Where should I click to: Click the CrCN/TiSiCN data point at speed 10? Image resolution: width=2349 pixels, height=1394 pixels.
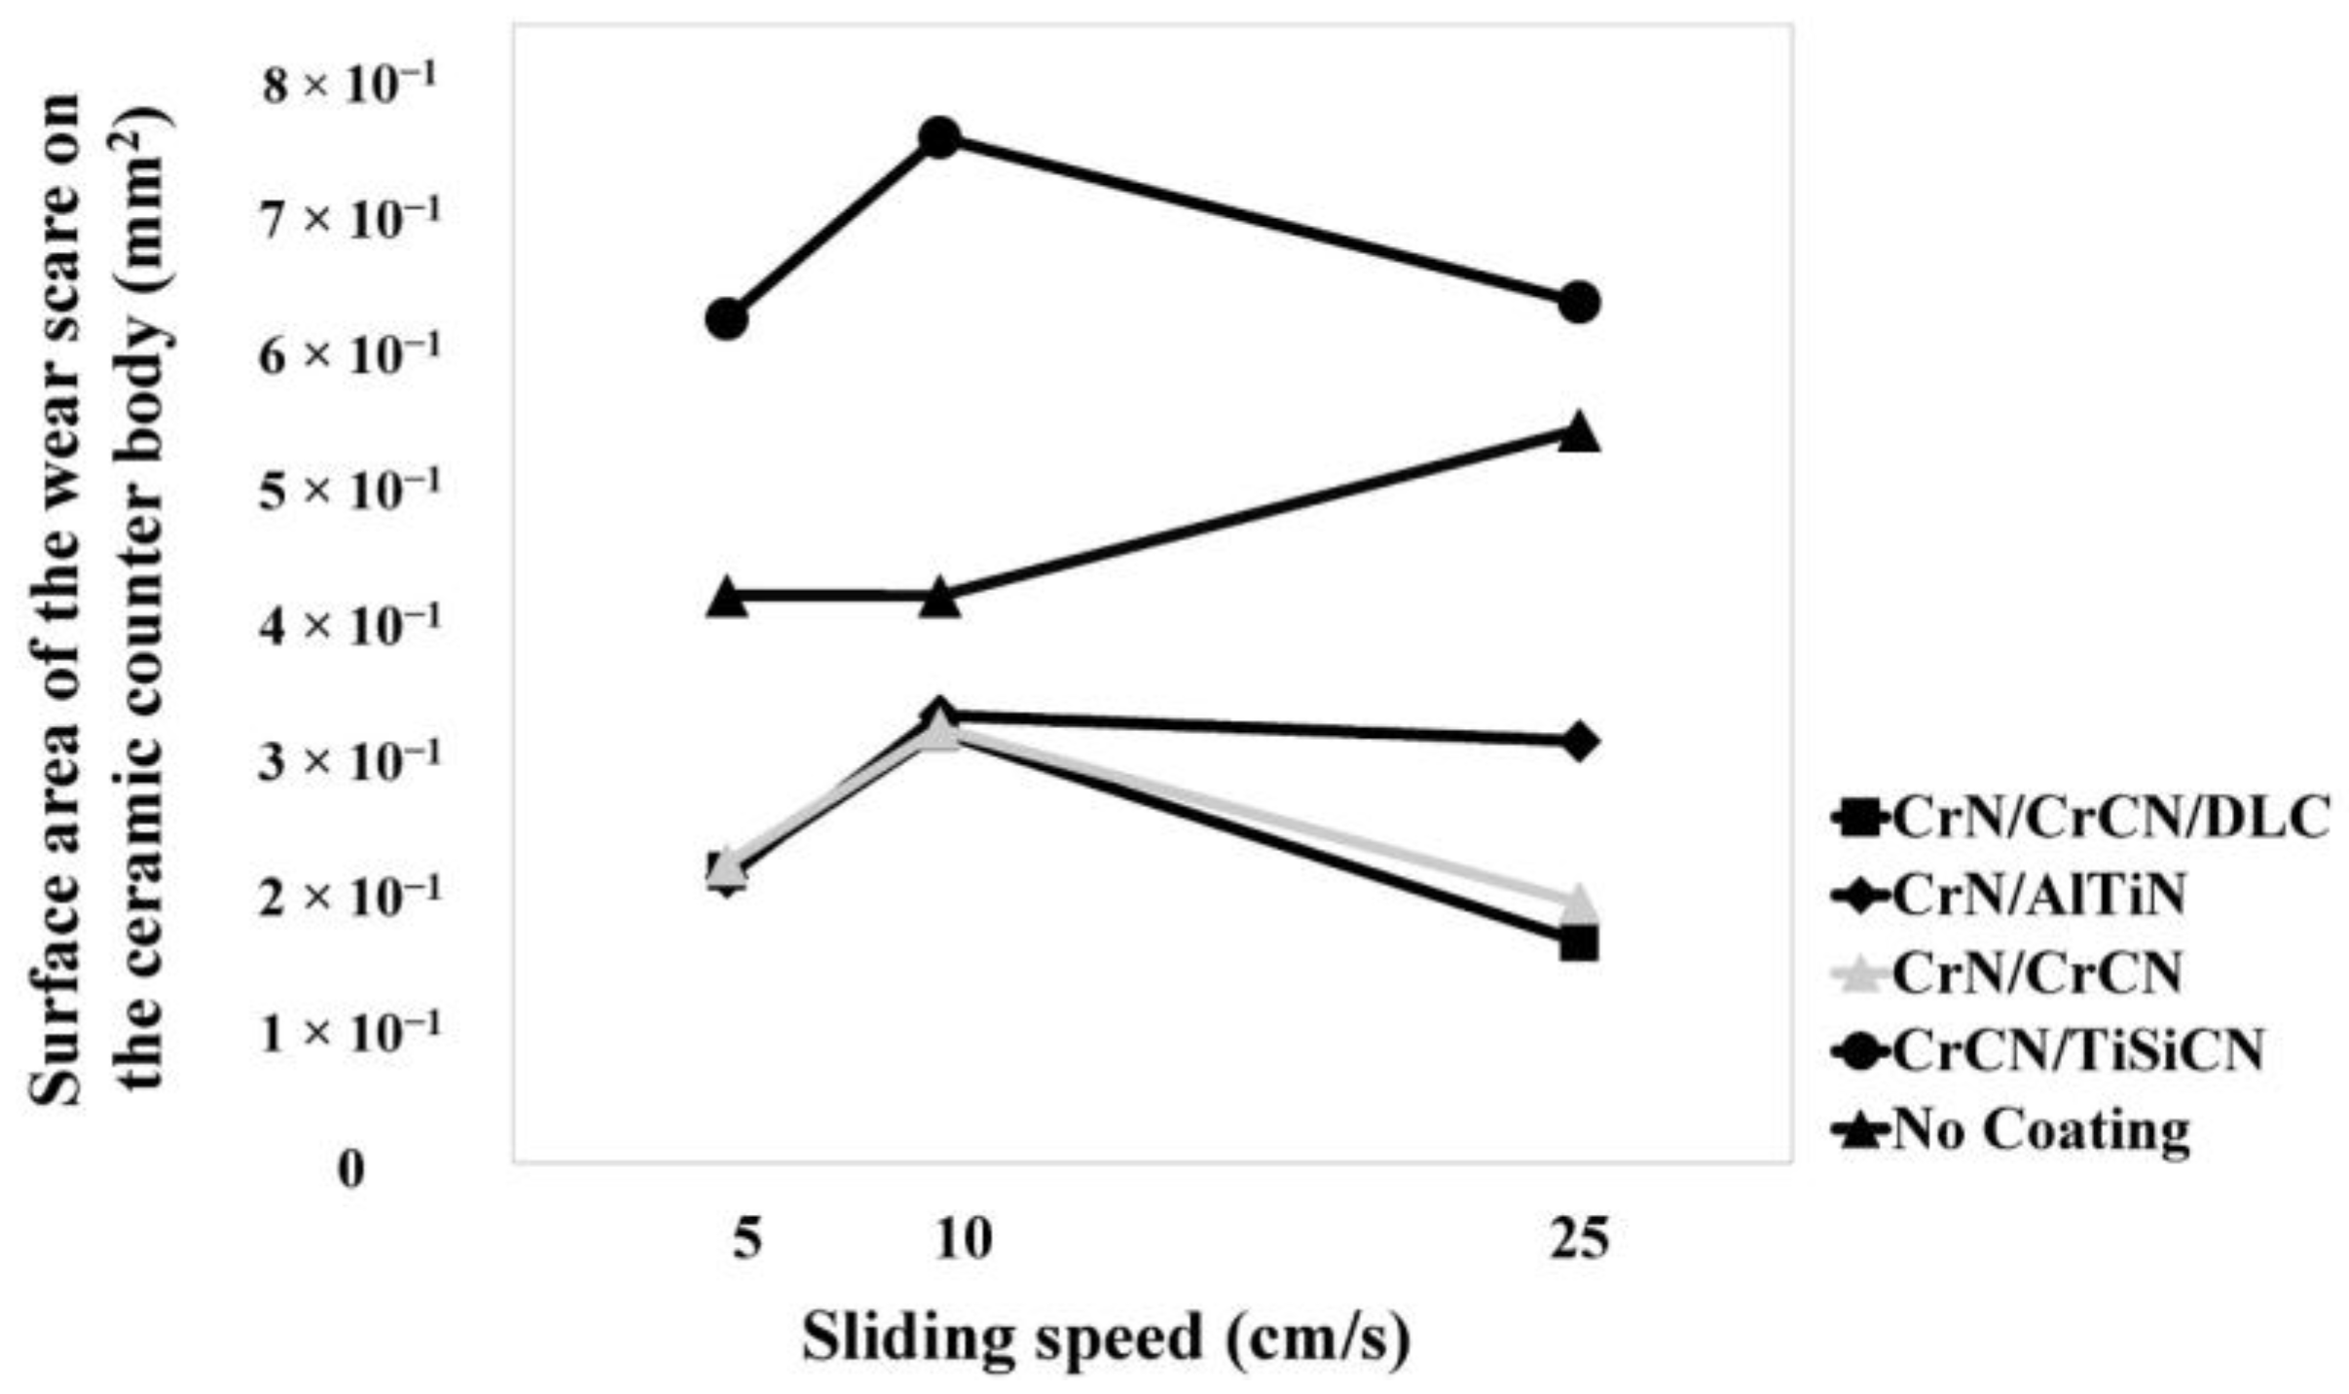pyautogui.click(x=939, y=138)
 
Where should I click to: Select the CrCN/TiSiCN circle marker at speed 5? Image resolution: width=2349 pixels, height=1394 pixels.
pyautogui.click(x=726, y=318)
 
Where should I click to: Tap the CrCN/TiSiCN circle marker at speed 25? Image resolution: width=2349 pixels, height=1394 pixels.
pyautogui.click(x=1578, y=303)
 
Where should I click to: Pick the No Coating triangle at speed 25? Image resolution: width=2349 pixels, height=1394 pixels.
pyautogui.click(x=1578, y=433)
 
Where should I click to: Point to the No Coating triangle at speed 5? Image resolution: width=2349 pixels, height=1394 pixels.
pyautogui.click(x=726, y=598)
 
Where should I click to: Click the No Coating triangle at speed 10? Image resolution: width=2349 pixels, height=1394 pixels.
pyautogui.click(x=939, y=599)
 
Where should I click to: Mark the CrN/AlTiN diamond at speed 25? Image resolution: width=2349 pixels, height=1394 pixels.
pyautogui.click(x=1578, y=741)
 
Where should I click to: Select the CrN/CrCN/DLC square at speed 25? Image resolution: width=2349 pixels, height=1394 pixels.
pyautogui.click(x=1578, y=942)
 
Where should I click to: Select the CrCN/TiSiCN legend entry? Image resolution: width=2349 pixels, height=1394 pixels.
pyautogui.click(x=2049, y=1051)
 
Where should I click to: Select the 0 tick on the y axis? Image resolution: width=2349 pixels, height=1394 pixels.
pyautogui.click(x=351, y=1169)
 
